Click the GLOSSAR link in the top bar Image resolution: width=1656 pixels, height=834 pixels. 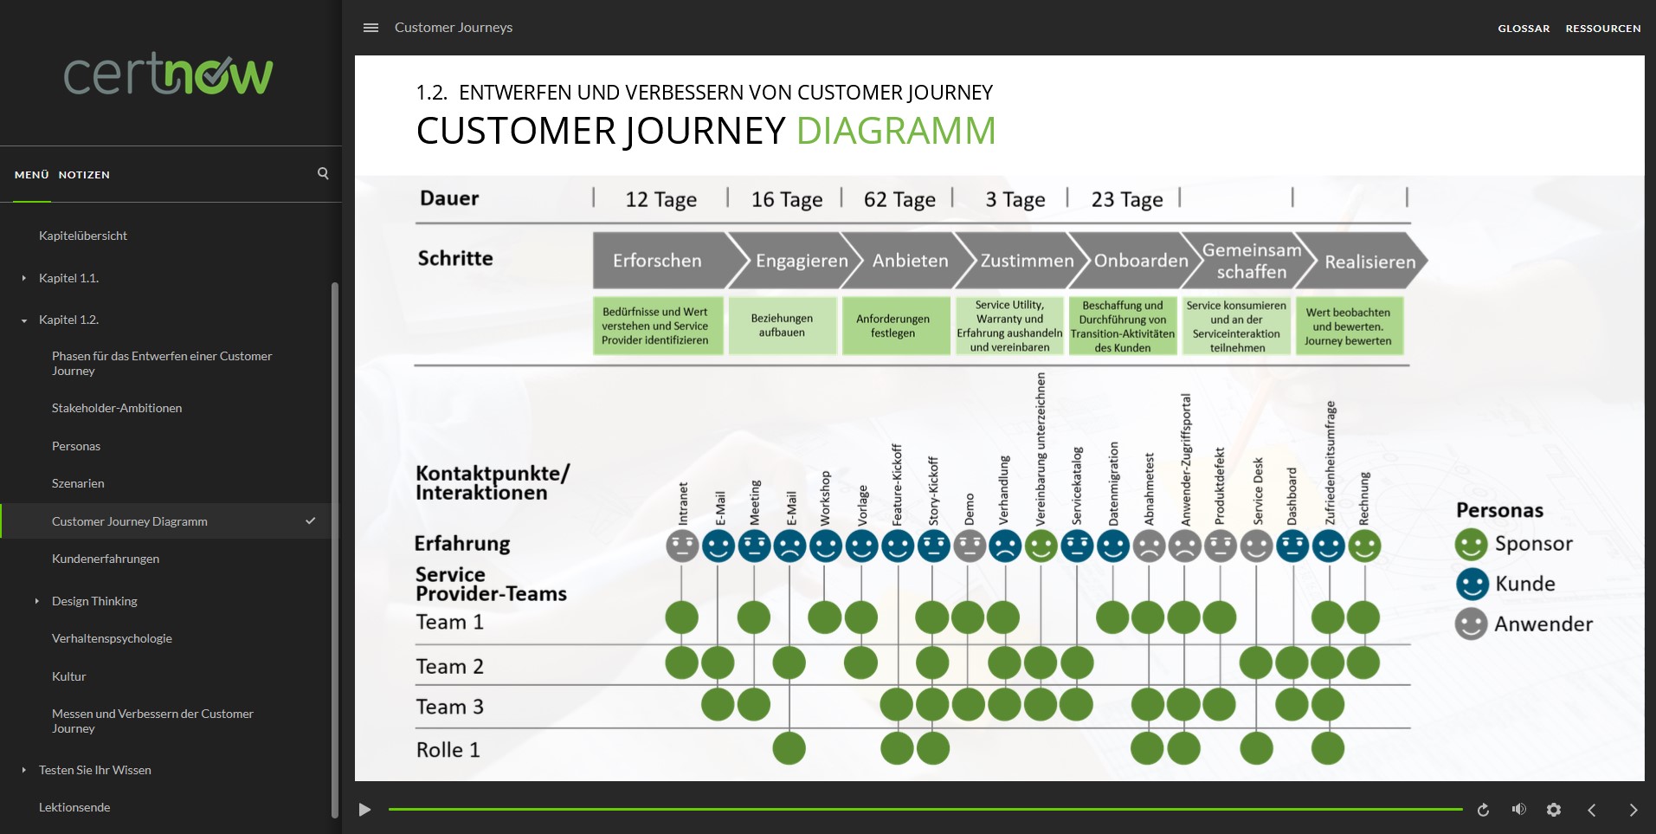(x=1524, y=29)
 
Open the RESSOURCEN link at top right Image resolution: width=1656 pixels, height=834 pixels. (x=1602, y=29)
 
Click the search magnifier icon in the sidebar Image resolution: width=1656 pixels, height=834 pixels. (x=323, y=173)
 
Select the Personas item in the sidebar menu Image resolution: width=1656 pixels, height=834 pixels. (x=76, y=446)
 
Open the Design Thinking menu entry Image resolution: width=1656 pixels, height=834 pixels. (x=94, y=601)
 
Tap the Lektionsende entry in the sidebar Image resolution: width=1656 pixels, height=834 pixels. (x=74, y=807)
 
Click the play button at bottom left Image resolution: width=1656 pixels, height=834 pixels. (x=365, y=810)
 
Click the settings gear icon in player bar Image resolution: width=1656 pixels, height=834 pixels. (x=1554, y=810)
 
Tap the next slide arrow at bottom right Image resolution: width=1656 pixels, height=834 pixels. (x=1633, y=810)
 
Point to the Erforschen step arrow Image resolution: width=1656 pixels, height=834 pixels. (x=658, y=261)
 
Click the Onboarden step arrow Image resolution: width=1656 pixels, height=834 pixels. (x=1140, y=261)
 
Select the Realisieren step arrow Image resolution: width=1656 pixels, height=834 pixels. (x=1369, y=262)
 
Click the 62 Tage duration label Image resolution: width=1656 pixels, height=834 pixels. (x=899, y=200)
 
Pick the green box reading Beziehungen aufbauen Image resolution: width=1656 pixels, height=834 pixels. (x=783, y=326)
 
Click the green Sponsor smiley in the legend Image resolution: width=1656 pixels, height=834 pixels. (x=1471, y=545)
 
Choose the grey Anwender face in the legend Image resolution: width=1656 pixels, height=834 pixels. (x=1471, y=624)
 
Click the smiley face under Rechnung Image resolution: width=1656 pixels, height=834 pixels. (x=1364, y=546)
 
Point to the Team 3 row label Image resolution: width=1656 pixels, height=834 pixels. (x=450, y=707)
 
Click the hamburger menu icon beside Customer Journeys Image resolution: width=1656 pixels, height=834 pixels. (x=371, y=28)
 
